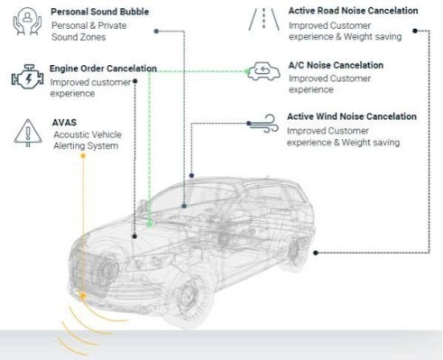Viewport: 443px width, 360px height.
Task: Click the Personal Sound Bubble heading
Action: point(100,12)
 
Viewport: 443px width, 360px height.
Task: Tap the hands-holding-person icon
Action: point(27,21)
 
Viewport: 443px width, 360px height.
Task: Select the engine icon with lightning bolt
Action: point(27,77)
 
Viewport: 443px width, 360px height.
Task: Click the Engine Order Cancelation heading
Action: point(103,69)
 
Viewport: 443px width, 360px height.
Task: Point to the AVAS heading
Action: point(64,123)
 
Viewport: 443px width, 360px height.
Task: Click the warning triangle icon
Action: point(28,133)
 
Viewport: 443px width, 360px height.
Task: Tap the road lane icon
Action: point(263,19)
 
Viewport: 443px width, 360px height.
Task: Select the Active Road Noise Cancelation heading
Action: point(353,11)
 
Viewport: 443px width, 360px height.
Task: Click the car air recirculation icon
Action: point(263,71)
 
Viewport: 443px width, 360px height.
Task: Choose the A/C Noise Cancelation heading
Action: point(336,65)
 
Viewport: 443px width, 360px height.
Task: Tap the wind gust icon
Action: point(263,123)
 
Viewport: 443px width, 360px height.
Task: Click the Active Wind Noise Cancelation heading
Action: point(352,116)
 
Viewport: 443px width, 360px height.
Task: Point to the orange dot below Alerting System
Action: point(83,155)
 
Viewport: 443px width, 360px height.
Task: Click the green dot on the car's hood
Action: point(150,224)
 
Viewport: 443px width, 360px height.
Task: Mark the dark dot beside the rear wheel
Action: point(316,253)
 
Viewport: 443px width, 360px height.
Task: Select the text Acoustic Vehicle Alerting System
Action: point(88,140)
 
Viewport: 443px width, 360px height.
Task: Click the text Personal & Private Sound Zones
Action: point(88,32)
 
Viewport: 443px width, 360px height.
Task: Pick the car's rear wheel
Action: point(295,252)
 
